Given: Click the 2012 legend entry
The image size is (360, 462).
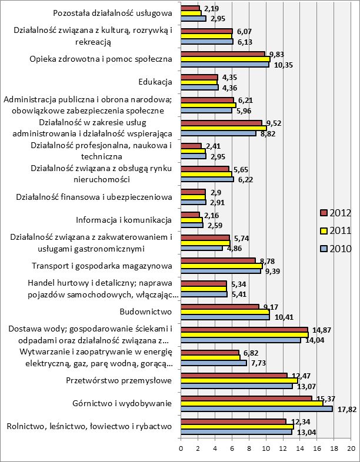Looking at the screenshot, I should tap(337, 212).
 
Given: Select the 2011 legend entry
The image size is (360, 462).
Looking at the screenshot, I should tap(337, 230).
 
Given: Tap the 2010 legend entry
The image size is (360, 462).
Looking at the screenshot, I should tap(337, 249).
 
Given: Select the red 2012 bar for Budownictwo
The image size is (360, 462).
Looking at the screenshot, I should tap(219, 306).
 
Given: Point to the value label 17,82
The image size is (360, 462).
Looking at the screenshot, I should tap(344, 410).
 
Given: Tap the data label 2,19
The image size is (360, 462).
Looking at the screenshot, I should tap(211, 8).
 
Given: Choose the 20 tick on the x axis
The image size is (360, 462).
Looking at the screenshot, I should tap(351, 448).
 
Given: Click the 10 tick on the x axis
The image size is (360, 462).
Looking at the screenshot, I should tap(266, 448).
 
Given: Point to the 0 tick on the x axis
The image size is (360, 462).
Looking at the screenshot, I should tap(181, 448).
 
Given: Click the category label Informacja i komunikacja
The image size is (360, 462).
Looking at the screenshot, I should tap(124, 220).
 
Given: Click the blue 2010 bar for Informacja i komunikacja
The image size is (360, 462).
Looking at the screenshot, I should tap(192, 226).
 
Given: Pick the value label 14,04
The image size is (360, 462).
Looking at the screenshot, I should tap(311, 340).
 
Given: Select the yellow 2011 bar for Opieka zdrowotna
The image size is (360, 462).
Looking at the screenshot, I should tap(225, 59).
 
